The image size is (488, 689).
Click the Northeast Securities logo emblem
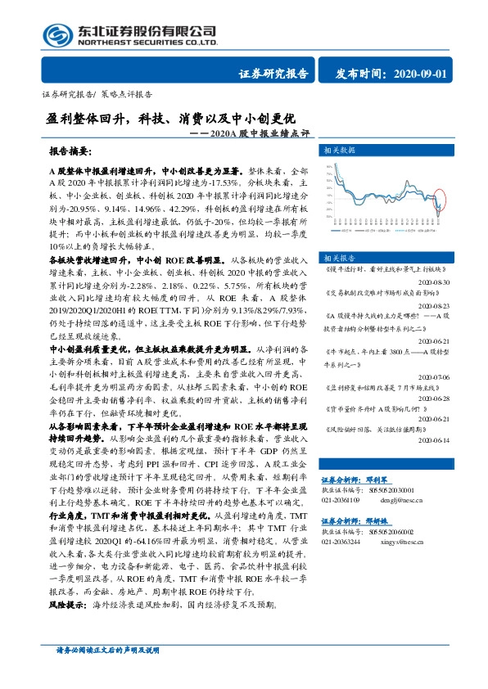(58, 35)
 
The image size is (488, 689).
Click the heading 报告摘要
(70, 152)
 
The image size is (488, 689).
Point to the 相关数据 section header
(340, 151)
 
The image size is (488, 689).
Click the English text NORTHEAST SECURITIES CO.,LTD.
(147, 42)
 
